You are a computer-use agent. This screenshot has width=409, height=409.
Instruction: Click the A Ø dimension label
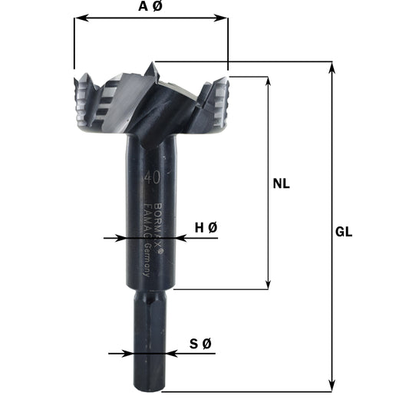click(151, 6)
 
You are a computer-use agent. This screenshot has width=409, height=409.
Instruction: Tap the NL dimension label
click(285, 183)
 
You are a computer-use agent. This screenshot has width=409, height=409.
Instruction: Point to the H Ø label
click(206, 227)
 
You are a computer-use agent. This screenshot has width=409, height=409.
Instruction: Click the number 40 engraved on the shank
click(151, 178)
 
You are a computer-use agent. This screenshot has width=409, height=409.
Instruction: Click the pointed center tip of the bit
click(153, 64)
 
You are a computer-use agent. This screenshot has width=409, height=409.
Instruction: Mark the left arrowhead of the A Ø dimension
click(79, 17)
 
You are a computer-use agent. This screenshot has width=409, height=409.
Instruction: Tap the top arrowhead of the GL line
click(331, 68)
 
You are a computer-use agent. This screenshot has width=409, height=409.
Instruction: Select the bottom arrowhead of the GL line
click(331, 386)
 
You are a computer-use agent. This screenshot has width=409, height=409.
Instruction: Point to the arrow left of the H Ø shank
click(120, 239)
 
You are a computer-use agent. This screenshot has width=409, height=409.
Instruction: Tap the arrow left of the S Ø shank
click(132, 354)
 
